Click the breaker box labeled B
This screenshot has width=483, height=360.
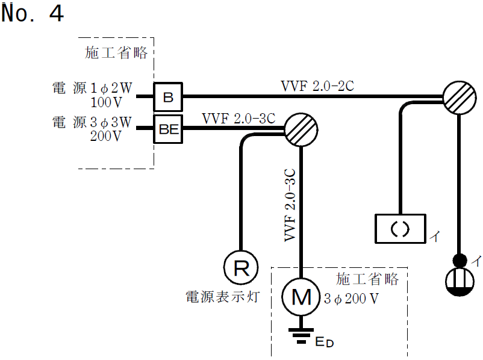(x=168, y=96)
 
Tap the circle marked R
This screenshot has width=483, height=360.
(x=241, y=267)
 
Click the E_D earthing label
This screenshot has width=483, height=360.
(x=324, y=343)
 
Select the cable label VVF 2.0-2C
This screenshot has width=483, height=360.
(x=317, y=85)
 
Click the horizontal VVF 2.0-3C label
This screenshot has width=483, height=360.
(x=238, y=117)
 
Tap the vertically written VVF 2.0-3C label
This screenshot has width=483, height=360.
(x=290, y=204)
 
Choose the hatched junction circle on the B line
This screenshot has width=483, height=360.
(x=460, y=97)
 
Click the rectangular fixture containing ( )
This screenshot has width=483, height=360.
(x=400, y=229)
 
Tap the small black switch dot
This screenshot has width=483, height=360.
(x=460, y=261)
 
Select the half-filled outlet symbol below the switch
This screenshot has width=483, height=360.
(x=460, y=282)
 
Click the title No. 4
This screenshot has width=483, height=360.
(x=33, y=14)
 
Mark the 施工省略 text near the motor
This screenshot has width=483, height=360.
(x=367, y=279)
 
